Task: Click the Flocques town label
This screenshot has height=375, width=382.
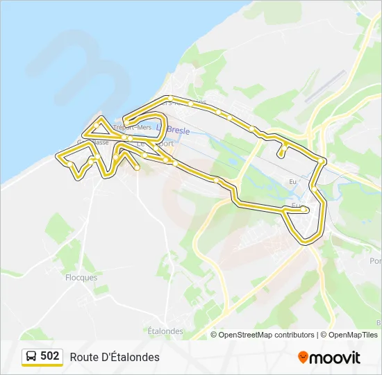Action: point(81,277)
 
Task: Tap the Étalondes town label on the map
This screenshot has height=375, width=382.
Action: point(165,331)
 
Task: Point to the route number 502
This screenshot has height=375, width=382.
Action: point(49,356)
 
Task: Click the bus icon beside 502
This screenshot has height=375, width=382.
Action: point(31,357)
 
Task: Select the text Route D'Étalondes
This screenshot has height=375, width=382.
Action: point(115,357)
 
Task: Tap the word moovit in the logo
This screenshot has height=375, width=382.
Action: point(335,358)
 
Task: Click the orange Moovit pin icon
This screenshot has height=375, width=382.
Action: point(303,357)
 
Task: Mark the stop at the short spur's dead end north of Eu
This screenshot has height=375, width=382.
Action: point(281,154)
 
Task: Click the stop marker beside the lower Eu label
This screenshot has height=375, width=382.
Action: point(306,208)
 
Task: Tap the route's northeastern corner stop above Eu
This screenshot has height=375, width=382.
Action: point(322,161)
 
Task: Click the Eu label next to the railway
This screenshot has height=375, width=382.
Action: point(292,182)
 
